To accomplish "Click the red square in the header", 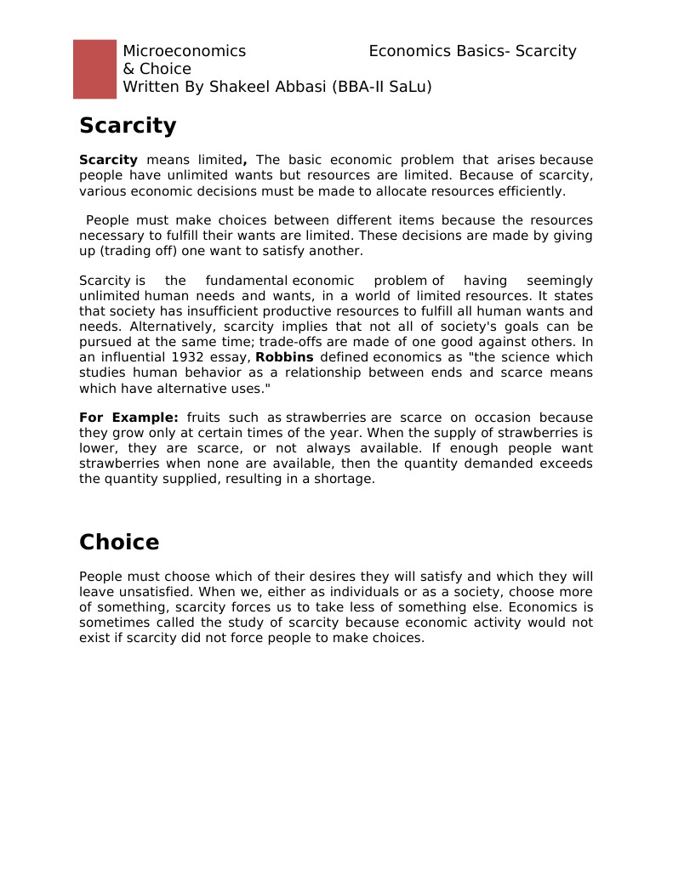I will [94, 69].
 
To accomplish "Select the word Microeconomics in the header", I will [184, 51].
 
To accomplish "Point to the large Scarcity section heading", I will [128, 126].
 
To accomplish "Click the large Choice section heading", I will [119, 543].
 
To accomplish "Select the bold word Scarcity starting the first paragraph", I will [108, 160].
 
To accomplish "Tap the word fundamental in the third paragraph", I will [246, 281].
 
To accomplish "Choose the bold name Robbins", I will [284, 357].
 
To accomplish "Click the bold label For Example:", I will [128, 418].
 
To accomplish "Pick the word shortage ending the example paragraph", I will [345, 479].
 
